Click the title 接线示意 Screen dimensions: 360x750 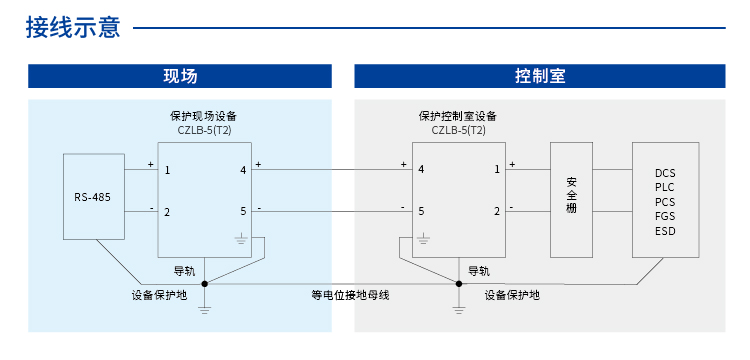tap(73, 28)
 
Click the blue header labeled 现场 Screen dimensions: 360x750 tap(180, 76)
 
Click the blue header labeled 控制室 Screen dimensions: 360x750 tap(540, 76)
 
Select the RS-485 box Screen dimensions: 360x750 tap(93, 196)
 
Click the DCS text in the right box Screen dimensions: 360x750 tap(665, 173)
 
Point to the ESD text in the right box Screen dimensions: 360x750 tap(665, 231)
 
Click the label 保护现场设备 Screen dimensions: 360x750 tap(204, 116)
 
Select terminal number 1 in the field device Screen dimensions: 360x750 tap(167, 170)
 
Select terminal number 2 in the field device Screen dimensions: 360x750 tap(167, 211)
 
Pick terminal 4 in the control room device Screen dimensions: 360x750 tap(421, 170)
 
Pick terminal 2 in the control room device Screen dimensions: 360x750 tap(497, 211)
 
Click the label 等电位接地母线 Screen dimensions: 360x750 tap(350, 295)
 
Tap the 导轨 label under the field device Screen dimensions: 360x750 tap(185, 270)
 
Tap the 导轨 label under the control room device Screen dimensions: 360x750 tap(479, 270)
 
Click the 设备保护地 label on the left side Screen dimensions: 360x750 tap(159, 295)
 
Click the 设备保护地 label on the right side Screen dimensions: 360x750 tap(512, 295)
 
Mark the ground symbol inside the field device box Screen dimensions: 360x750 tap(240, 239)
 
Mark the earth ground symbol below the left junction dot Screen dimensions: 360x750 tap(204, 309)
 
